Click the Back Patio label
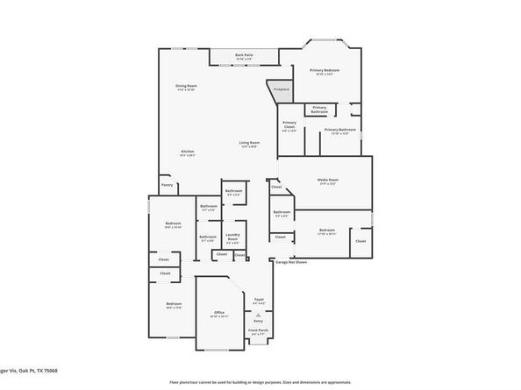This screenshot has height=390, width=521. tap(244, 55)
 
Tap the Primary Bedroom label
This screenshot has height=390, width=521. tap(324, 70)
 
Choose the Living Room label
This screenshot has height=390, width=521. tap(249, 143)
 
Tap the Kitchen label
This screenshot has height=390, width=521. tap(188, 152)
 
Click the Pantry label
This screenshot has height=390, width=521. tap(167, 185)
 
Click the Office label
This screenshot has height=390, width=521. tap(219, 313)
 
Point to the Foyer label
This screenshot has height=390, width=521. tap(259, 301)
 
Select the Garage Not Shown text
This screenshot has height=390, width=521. tap(291, 262)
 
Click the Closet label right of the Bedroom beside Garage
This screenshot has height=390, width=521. tap(360, 240)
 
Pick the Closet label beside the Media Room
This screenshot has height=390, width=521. tap(276, 187)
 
